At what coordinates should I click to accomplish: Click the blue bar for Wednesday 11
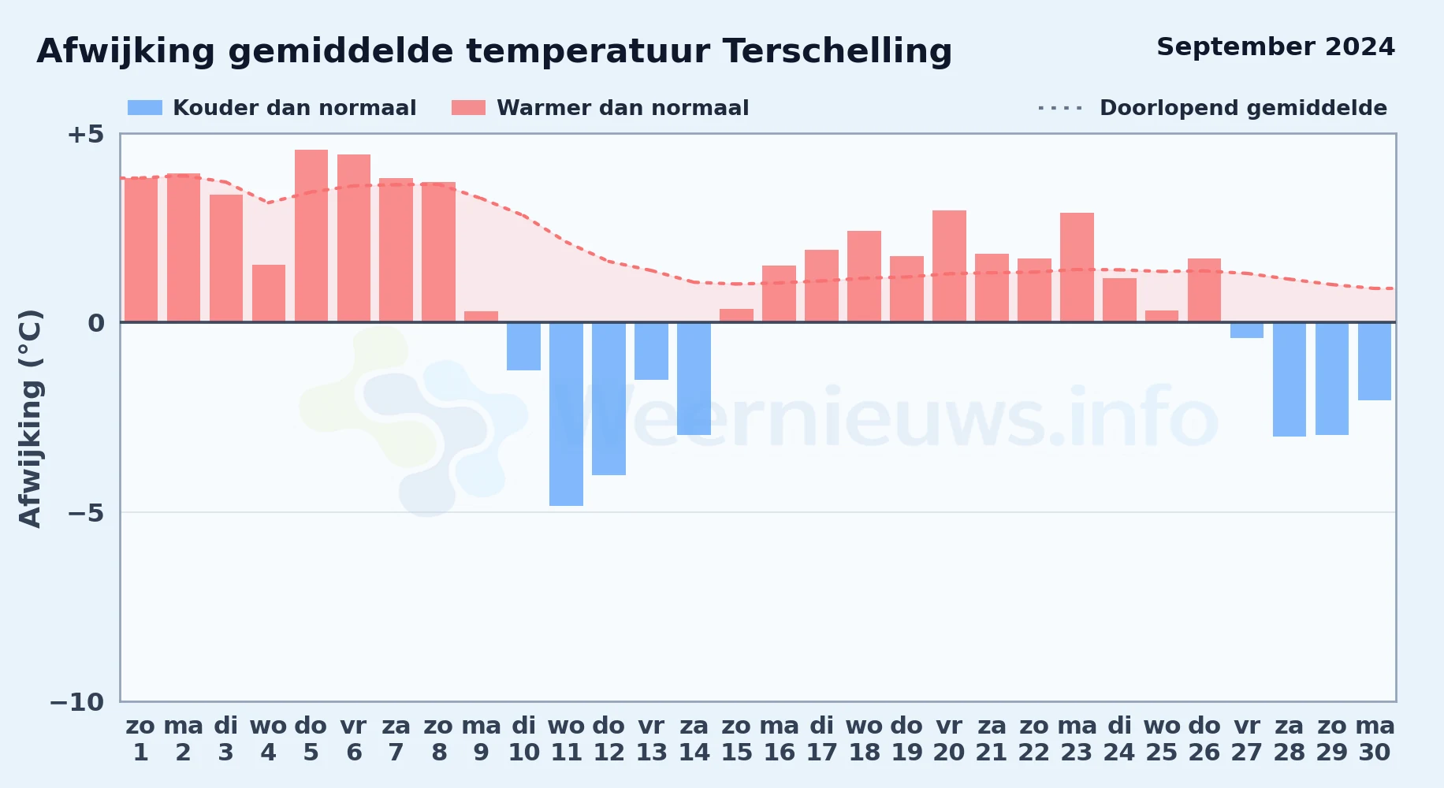[x=566, y=414]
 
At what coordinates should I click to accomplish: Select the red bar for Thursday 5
[x=311, y=236]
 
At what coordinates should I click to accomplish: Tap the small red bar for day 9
[x=481, y=317]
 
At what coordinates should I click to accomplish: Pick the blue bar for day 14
[x=694, y=378]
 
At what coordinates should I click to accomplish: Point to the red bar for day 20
[x=949, y=266]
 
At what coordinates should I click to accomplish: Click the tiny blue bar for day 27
[x=1247, y=330]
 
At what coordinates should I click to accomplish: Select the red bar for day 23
[x=1077, y=268]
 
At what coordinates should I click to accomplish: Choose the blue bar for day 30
[x=1375, y=361]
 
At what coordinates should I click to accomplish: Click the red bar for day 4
[x=269, y=293]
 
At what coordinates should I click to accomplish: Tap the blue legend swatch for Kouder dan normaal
[x=145, y=108]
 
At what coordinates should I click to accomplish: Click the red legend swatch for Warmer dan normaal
[x=469, y=108]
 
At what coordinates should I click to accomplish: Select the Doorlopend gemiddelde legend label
[x=1243, y=108]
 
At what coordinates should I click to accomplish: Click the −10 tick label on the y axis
[x=77, y=702]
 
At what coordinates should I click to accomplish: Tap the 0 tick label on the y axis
[x=96, y=323]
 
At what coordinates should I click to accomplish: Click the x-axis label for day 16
[x=779, y=739]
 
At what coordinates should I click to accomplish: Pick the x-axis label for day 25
[x=1162, y=739]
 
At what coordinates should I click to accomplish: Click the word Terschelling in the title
[x=837, y=51]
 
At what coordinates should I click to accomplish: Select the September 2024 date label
[x=1276, y=47]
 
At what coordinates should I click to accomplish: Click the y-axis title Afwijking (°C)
[x=30, y=418]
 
